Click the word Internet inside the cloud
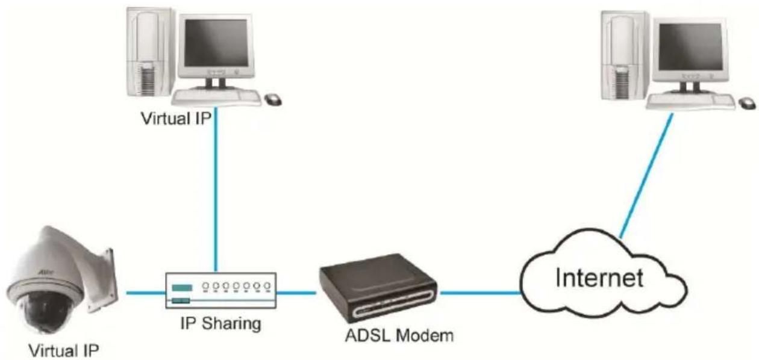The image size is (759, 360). (x=599, y=278)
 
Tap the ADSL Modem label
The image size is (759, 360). (x=399, y=335)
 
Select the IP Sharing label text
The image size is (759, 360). (x=220, y=323)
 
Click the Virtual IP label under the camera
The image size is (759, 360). (x=64, y=350)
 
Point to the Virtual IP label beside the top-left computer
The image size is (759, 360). (x=176, y=119)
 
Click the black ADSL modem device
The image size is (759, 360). (x=378, y=287)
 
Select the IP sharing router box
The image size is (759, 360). (x=221, y=290)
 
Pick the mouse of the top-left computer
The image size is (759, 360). (x=273, y=99)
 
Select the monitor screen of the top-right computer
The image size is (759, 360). (x=690, y=47)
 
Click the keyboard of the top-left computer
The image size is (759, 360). (x=216, y=98)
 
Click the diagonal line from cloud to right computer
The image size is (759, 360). (x=646, y=176)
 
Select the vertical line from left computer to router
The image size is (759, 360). (x=216, y=190)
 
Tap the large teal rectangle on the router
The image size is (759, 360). (x=182, y=288)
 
